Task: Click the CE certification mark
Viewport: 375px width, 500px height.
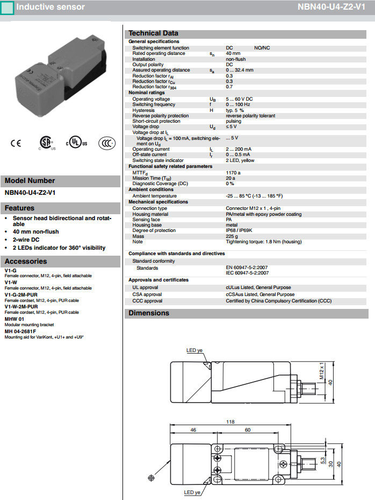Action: tap(16, 143)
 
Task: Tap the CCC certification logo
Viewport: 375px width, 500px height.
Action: tap(107, 143)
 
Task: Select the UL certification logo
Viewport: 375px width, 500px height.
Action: tap(76, 144)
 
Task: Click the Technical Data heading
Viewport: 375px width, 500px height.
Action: tap(153, 33)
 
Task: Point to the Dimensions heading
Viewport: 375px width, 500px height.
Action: tap(149, 313)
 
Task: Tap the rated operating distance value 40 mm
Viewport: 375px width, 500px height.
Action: tap(233, 53)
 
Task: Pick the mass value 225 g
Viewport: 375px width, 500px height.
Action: tap(232, 236)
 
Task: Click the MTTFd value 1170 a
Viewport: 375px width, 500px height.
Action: tap(233, 172)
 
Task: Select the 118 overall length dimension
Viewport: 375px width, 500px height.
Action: tap(230, 421)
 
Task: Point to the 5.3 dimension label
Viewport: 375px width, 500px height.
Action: tap(322, 461)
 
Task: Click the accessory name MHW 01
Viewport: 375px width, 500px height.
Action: tap(15, 319)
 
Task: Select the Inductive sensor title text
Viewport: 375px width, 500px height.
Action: tap(51, 7)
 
